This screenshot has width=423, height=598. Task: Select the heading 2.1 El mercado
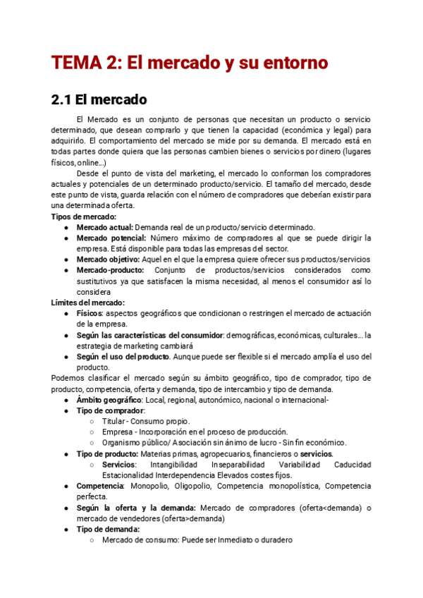[99, 100]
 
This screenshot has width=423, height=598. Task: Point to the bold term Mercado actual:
[104, 228]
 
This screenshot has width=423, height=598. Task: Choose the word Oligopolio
[190, 487]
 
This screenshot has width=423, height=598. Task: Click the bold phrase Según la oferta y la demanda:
[137, 508]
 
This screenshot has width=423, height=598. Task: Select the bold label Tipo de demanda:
[108, 530]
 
